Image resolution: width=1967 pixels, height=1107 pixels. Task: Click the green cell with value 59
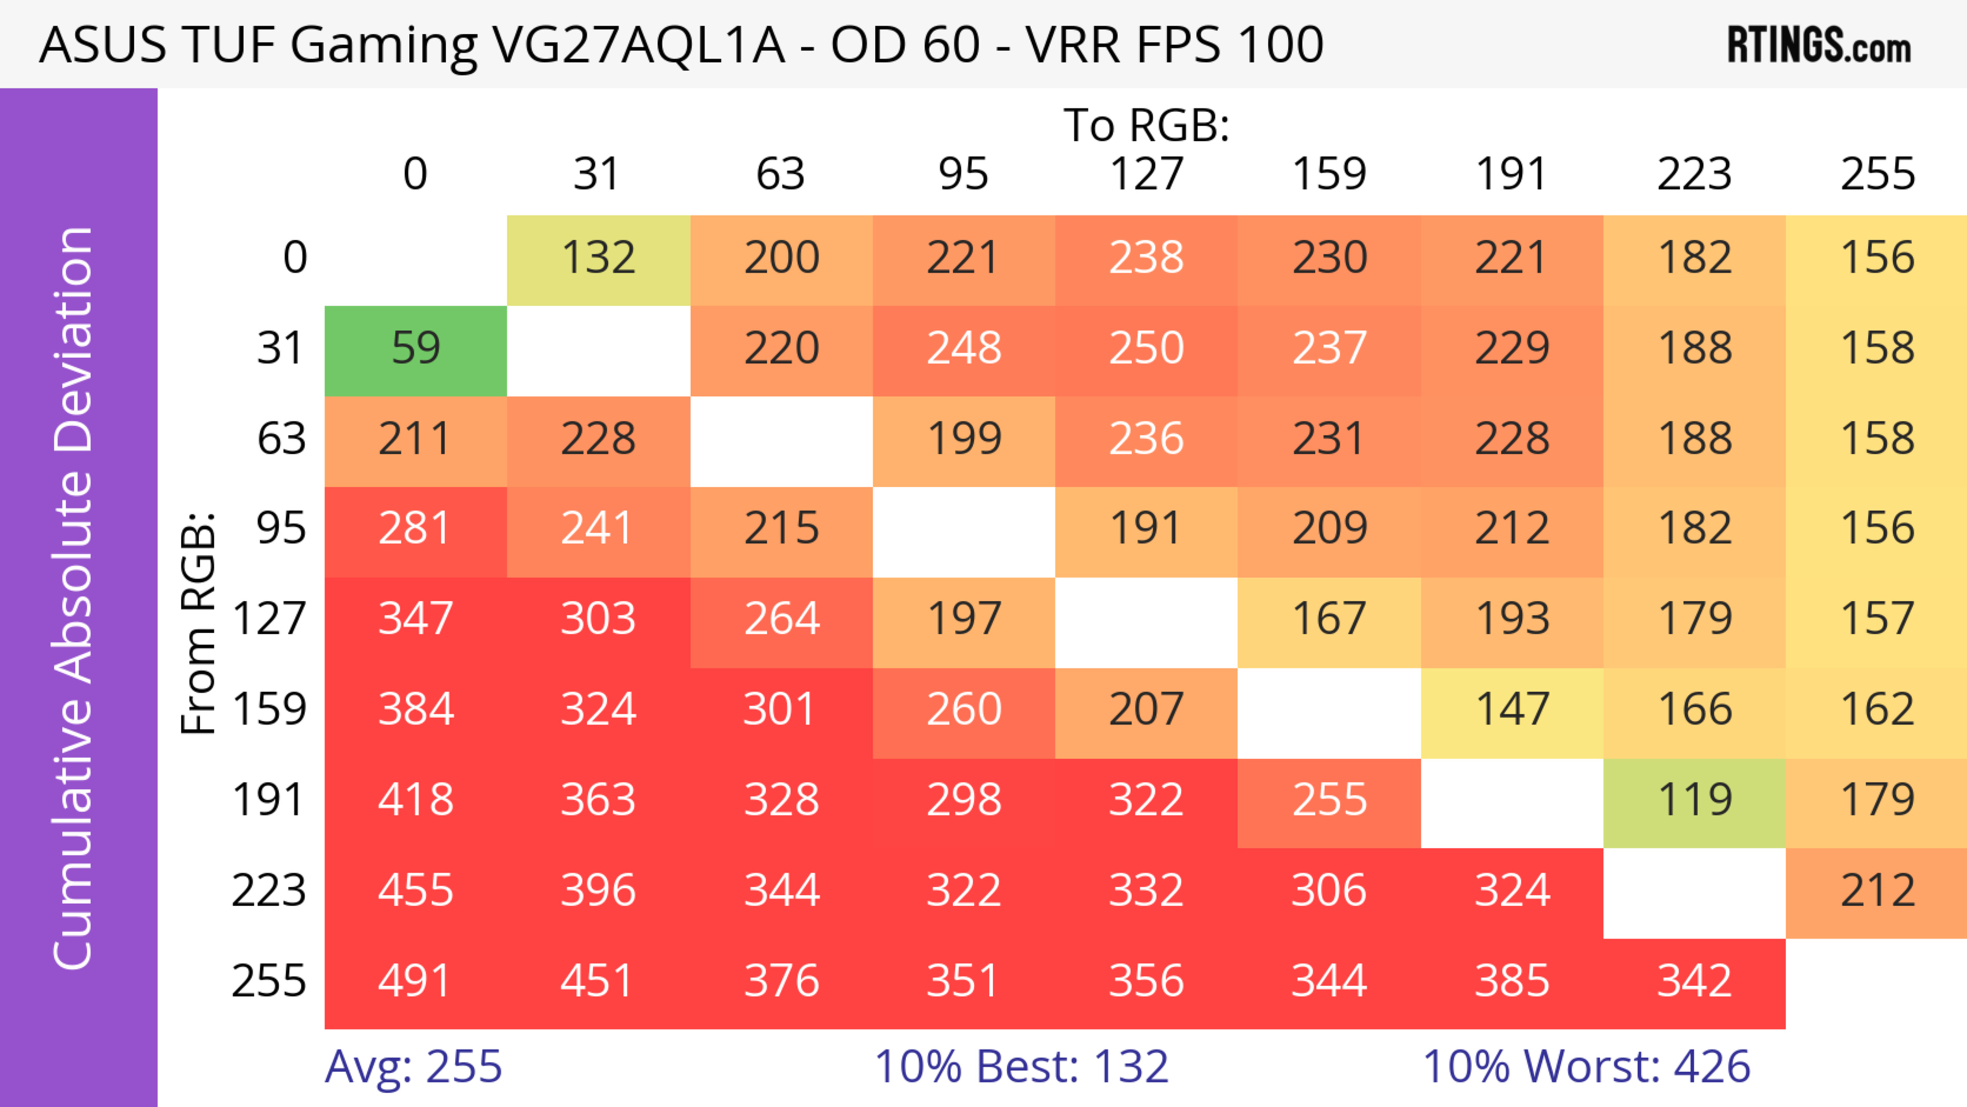(x=415, y=350)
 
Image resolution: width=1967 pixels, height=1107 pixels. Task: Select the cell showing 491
(x=415, y=983)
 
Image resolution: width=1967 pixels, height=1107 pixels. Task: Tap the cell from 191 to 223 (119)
(x=1694, y=802)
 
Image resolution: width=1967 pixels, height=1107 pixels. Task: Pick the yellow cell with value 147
(x=1512, y=712)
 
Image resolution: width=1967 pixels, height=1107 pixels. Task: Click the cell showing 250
(x=1146, y=350)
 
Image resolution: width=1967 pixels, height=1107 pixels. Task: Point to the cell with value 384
(x=415, y=712)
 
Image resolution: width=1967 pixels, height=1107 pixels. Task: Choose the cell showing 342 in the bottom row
(x=1694, y=983)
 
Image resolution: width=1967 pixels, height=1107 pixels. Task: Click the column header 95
(x=964, y=174)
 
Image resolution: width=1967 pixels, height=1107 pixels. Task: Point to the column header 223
(x=1694, y=174)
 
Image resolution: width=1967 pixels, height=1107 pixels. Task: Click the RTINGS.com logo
(x=1819, y=46)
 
